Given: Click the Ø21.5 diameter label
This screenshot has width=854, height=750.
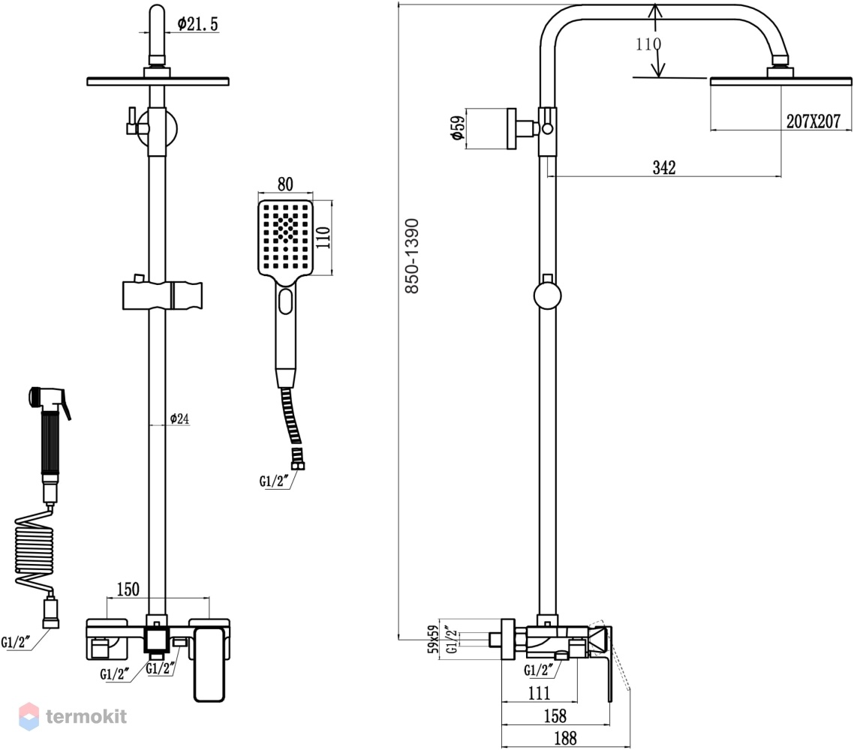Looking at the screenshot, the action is pyautogui.click(x=197, y=24).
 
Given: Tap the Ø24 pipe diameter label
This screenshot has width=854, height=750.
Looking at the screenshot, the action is pyautogui.click(x=179, y=418).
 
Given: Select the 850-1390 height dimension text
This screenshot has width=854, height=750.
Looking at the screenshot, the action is pyautogui.click(x=412, y=256).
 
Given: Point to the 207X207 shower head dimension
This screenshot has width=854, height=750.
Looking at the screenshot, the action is pyautogui.click(x=813, y=121).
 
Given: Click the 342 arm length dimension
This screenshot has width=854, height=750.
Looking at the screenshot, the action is pyautogui.click(x=664, y=167).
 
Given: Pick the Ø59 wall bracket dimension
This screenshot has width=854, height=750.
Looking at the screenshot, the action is pyautogui.click(x=458, y=128).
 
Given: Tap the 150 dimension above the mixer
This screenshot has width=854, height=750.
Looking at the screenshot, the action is pyautogui.click(x=128, y=589).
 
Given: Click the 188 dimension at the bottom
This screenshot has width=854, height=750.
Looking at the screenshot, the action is pyautogui.click(x=565, y=738).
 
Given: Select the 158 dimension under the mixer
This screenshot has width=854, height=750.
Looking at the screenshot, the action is pyautogui.click(x=555, y=715).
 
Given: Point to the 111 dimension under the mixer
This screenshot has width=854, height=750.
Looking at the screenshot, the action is pyautogui.click(x=540, y=693).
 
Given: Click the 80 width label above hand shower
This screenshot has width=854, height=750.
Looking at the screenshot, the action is pyautogui.click(x=285, y=184).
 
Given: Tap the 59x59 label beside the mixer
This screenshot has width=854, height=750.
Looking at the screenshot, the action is pyautogui.click(x=433, y=639).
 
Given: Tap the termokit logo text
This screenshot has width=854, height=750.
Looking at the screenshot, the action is pyautogui.click(x=86, y=716).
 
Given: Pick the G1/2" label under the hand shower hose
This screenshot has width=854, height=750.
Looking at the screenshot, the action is pyautogui.click(x=273, y=481).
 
